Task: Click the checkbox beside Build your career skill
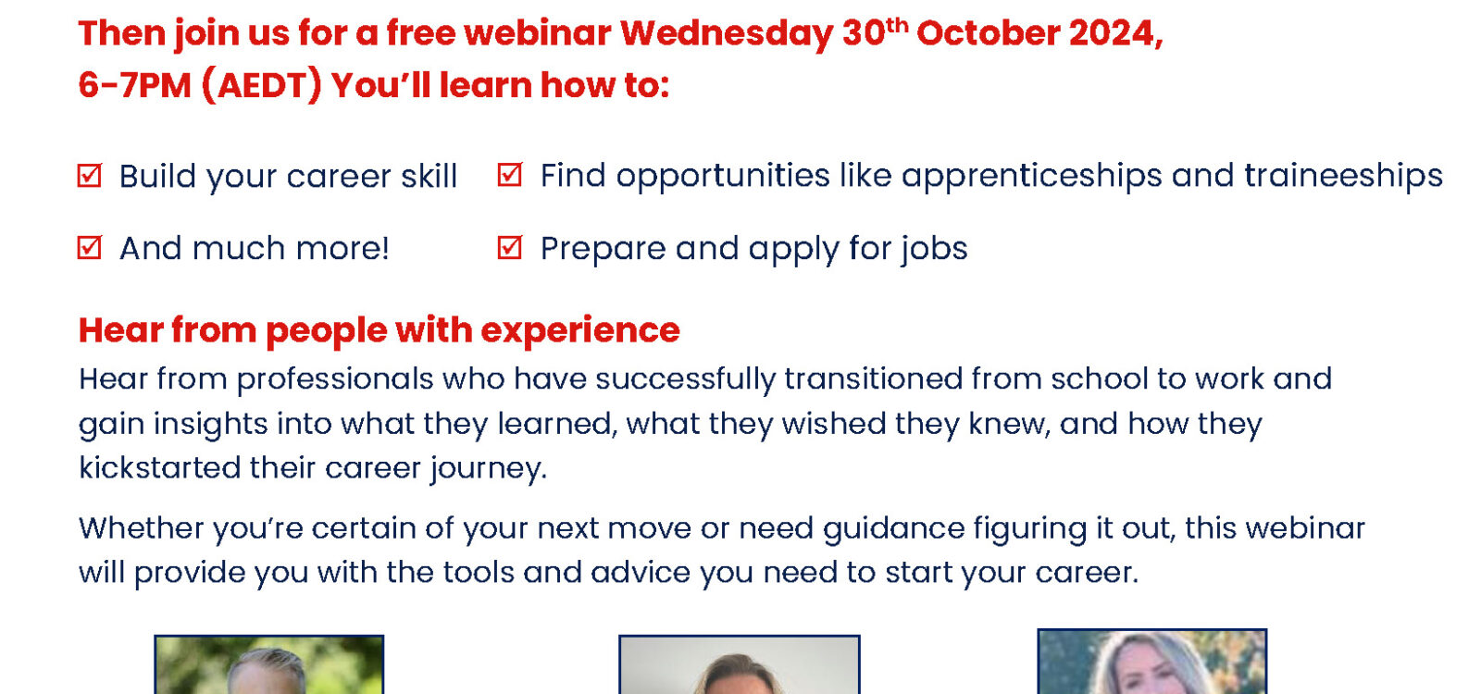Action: (x=89, y=176)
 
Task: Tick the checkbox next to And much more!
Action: (x=89, y=248)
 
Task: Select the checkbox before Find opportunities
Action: (x=510, y=175)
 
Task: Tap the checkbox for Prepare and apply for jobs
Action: (x=510, y=248)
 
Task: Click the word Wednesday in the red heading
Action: (x=727, y=33)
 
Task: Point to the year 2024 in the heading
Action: (x=1115, y=33)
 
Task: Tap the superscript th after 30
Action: (x=897, y=25)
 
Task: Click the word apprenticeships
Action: (x=1031, y=177)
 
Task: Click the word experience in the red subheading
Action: (x=579, y=330)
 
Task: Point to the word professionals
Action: (x=335, y=380)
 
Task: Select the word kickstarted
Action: (x=159, y=468)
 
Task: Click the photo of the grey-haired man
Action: (x=269, y=665)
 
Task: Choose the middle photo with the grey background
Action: (x=740, y=665)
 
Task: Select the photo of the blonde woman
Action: (x=1151, y=662)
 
